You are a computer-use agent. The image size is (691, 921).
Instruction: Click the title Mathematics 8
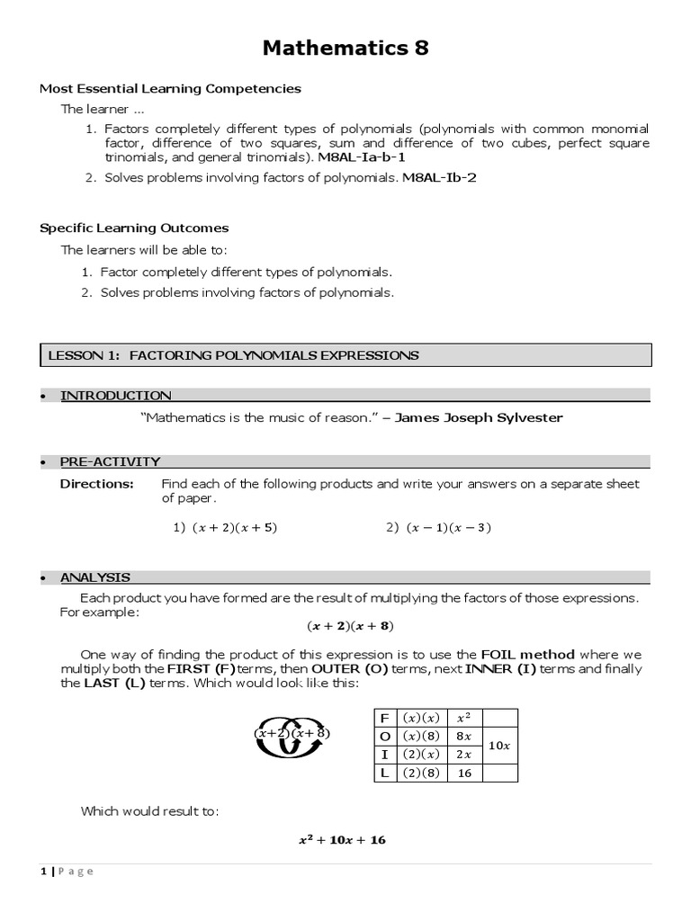tap(345, 49)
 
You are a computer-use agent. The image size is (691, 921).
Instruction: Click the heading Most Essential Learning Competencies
tap(170, 88)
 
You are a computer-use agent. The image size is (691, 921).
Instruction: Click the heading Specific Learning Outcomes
tap(134, 228)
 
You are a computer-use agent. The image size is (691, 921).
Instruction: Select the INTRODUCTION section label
tap(115, 395)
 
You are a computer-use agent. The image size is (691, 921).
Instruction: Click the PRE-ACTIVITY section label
tap(110, 461)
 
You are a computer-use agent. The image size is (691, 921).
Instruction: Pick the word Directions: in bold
tap(96, 484)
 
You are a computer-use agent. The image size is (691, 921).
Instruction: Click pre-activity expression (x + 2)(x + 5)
tap(234, 528)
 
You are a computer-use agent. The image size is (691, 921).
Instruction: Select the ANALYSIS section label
tap(95, 577)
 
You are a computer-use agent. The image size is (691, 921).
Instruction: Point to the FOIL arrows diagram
tap(292, 733)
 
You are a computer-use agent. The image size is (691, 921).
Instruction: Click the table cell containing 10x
tap(499, 745)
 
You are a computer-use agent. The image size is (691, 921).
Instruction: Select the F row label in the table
tap(384, 718)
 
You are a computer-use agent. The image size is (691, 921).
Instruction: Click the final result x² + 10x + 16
tap(342, 840)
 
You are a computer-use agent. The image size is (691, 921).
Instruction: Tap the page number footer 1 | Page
tap(67, 871)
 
